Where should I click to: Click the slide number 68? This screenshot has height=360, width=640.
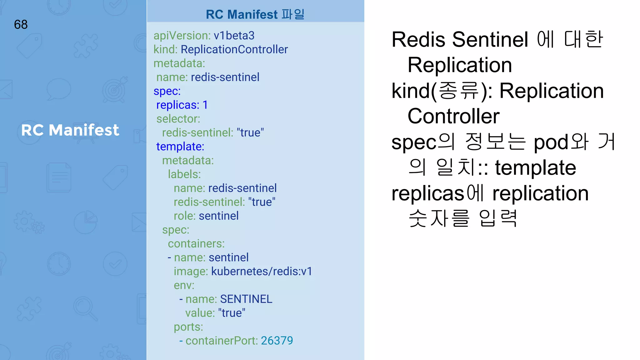coord(21,25)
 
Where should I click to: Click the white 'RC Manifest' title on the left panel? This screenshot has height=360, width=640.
coord(70,130)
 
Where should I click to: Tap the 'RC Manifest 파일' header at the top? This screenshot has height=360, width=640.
coord(255,14)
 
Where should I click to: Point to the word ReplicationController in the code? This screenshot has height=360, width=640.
coord(234,49)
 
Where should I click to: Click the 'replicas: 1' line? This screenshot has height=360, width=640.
coord(182,105)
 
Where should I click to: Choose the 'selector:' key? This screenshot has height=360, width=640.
coord(178,119)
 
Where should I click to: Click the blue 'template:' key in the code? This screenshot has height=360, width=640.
coord(180,147)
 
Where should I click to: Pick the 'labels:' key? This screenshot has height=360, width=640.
coord(184,174)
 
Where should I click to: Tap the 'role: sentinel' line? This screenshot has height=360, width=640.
coord(206,216)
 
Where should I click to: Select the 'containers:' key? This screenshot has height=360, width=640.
coord(196,244)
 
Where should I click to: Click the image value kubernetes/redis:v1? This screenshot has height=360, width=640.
coord(262,271)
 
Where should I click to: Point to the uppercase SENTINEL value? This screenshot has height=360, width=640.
coord(246,299)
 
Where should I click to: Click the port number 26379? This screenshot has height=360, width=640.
coord(277,341)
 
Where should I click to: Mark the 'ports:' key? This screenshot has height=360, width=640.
coord(188,327)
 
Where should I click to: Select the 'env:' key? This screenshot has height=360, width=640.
coord(184,285)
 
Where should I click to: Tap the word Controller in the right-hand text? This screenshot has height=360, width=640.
coord(453,116)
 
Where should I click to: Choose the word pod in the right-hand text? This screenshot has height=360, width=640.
coord(551,142)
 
